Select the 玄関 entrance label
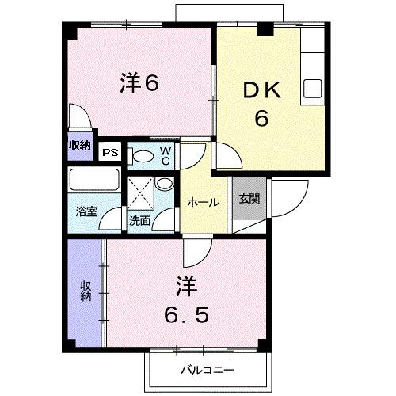(x=249, y=199)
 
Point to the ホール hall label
(x=204, y=203)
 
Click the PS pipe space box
(x=109, y=149)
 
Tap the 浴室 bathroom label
(x=86, y=212)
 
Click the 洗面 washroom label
(x=139, y=221)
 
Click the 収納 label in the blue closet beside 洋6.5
(x=85, y=291)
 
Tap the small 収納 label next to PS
(x=79, y=145)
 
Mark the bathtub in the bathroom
(x=93, y=179)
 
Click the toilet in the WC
(x=143, y=154)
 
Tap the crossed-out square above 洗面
(x=141, y=192)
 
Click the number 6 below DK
(x=261, y=119)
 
